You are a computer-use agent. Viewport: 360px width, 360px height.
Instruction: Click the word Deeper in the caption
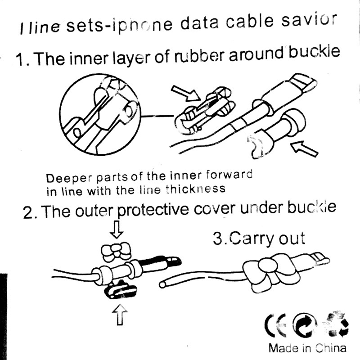66,176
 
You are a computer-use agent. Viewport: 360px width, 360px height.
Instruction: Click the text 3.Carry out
259,238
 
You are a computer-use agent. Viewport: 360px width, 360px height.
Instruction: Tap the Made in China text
307,348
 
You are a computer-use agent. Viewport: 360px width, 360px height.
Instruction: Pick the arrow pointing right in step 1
185,93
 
